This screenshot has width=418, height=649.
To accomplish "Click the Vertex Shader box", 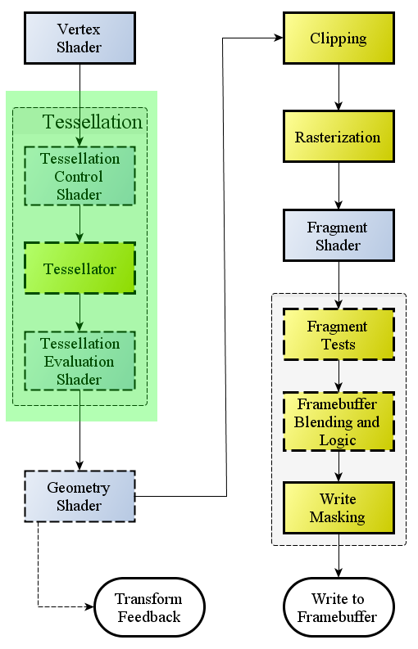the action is click(x=80, y=38).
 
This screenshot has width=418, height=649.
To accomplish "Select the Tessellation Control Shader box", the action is click(x=80, y=176).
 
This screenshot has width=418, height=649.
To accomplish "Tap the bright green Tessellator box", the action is click(x=80, y=268).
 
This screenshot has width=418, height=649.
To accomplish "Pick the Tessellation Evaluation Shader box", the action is click(x=80, y=361).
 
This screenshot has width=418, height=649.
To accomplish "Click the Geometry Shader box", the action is click(x=80, y=496).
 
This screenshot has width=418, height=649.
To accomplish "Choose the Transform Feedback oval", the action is click(x=149, y=607).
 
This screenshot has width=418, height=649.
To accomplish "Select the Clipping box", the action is click(x=338, y=38).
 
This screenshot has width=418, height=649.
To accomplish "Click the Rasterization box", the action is click(x=338, y=136).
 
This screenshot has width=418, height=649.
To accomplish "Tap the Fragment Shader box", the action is click(x=338, y=236).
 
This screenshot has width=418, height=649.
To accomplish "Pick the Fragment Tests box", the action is click(x=338, y=335).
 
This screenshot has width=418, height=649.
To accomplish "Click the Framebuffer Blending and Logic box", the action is click(x=338, y=421).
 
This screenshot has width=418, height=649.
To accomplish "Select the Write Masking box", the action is click(x=338, y=508).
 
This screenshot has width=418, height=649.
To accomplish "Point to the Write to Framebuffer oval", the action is click(x=338, y=607).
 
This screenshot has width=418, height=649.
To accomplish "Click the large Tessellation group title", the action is click(x=92, y=122).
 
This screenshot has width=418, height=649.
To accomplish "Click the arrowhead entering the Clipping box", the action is click(x=279, y=38).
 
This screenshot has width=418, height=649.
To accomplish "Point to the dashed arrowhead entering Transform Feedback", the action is click(x=90, y=607).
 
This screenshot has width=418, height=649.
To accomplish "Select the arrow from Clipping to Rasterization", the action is click(x=338, y=88).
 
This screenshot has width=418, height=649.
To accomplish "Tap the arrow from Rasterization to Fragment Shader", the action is click(x=338, y=186).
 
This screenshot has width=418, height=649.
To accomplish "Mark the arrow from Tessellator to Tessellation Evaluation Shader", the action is click(x=80, y=313).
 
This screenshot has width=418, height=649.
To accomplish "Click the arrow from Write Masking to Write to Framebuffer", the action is click(x=338, y=556).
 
